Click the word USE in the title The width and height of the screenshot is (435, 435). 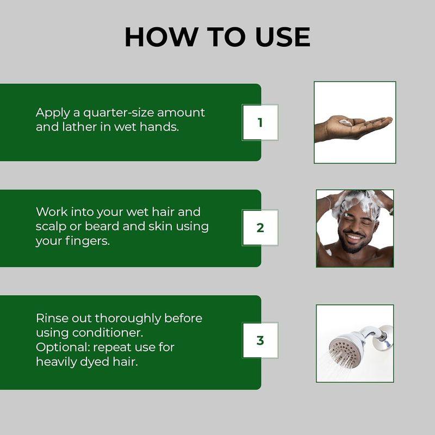pyautogui.click(x=283, y=37)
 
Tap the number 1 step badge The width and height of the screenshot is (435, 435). pyautogui.click(x=260, y=122)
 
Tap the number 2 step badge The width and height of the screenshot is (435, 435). pyautogui.click(x=260, y=228)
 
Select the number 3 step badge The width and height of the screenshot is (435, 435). pyautogui.click(x=260, y=340)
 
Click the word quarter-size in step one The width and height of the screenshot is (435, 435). pyautogui.click(x=119, y=113)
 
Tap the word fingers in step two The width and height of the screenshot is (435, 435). pyautogui.click(x=88, y=241)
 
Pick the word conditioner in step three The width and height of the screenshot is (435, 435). pyautogui.click(x=108, y=333)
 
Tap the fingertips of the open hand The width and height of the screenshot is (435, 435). pyautogui.click(x=386, y=120)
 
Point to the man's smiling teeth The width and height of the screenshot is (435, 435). pyautogui.click(x=352, y=238)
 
